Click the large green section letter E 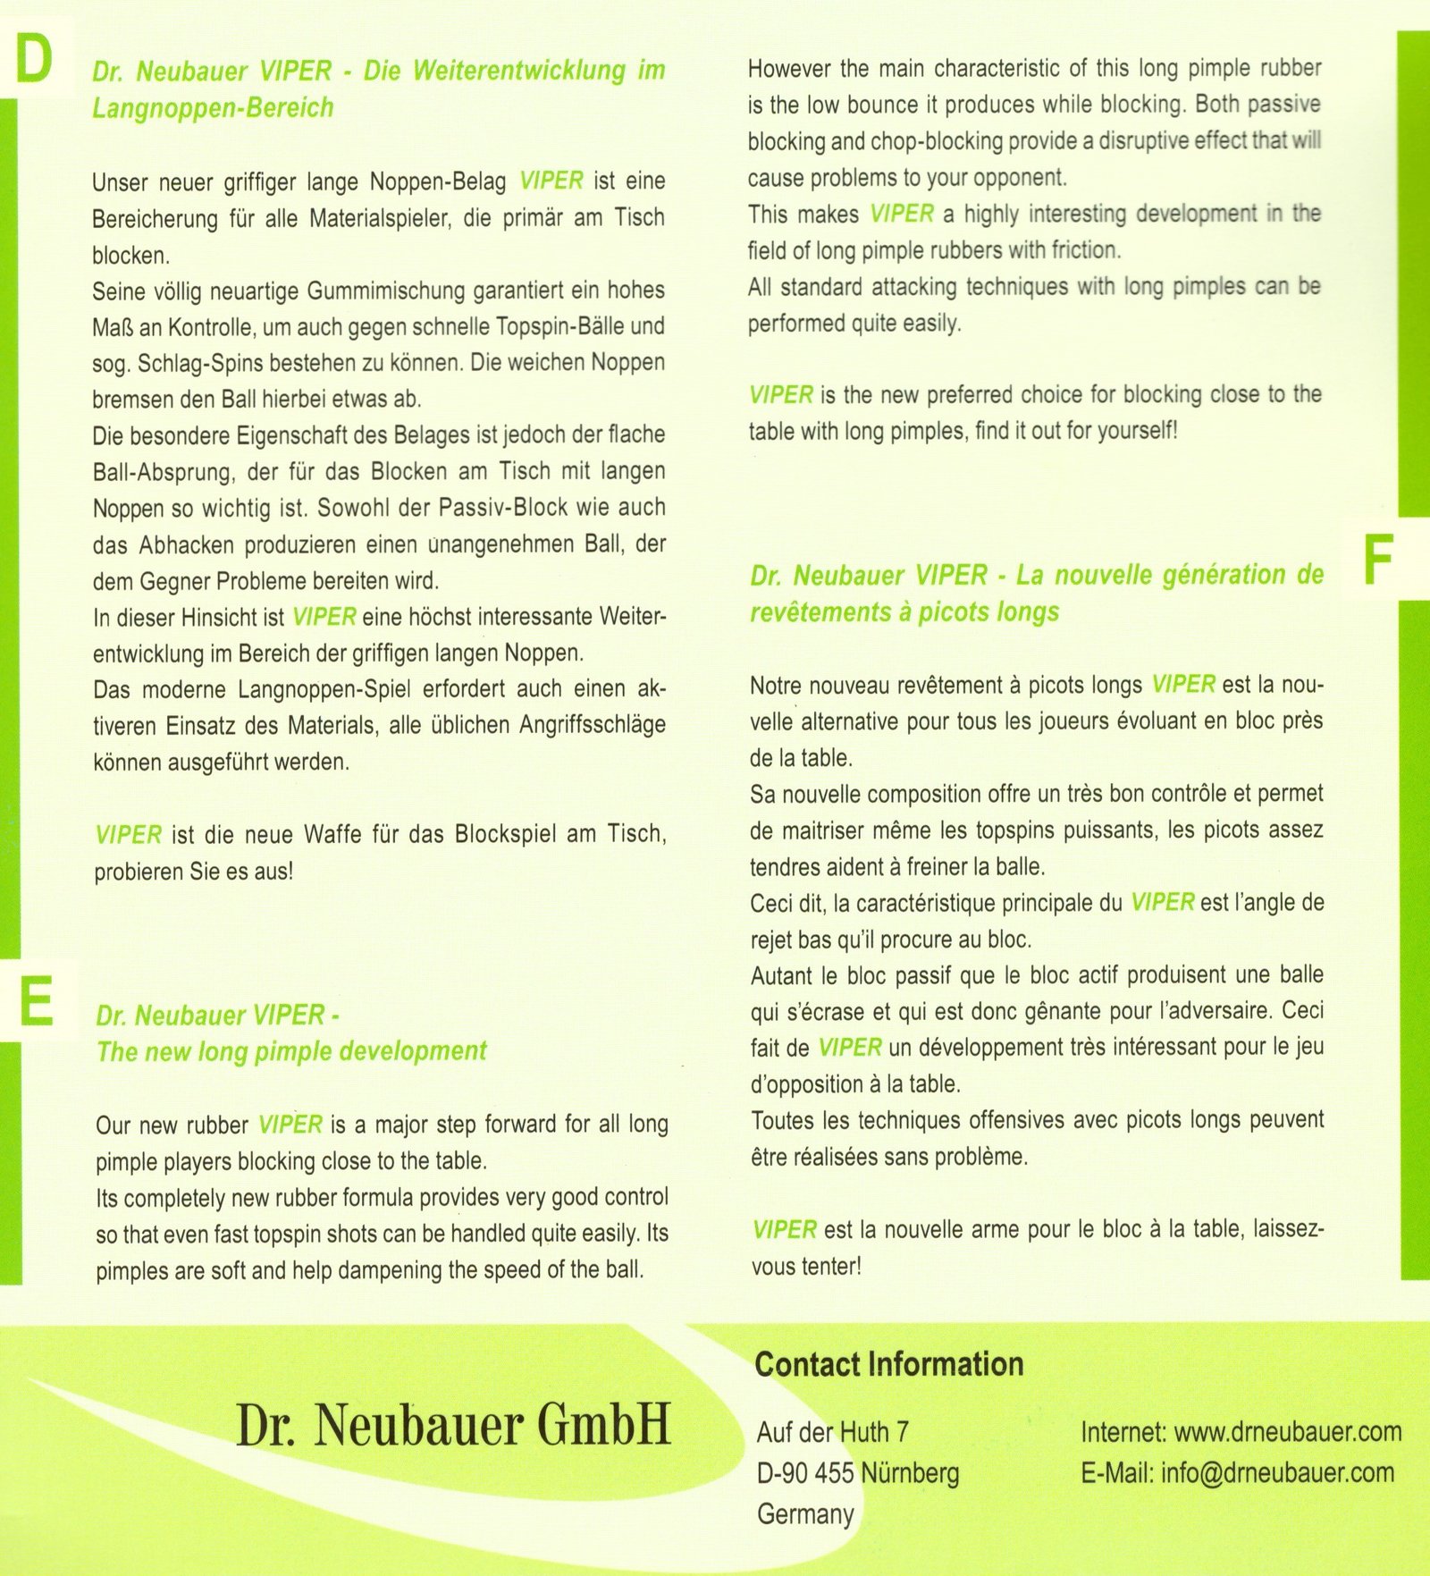click(x=36, y=1001)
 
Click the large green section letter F click(x=1378, y=560)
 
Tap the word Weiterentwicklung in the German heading click(x=519, y=70)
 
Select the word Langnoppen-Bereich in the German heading click(x=213, y=107)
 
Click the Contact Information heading click(x=888, y=1364)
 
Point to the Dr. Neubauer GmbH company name click(x=452, y=1425)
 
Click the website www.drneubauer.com click(x=1287, y=1431)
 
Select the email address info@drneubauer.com click(x=1277, y=1472)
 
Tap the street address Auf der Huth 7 click(x=832, y=1432)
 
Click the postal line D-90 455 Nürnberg click(x=857, y=1472)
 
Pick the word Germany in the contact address click(x=805, y=1513)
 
